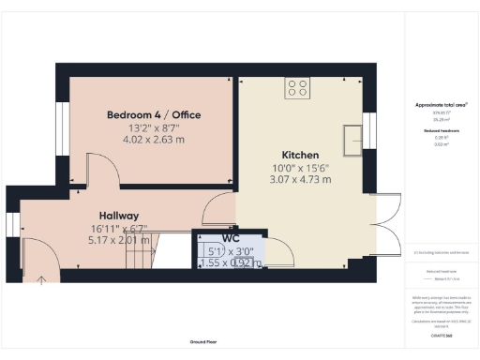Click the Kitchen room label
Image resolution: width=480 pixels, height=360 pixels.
(x=301, y=155)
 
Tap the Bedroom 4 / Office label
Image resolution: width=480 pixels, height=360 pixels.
(x=154, y=114)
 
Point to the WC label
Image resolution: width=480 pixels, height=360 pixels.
(x=231, y=239)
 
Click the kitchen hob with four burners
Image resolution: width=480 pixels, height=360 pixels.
(x=297, y=90)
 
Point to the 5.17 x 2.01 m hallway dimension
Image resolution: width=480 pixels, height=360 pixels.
(x=118, y=240)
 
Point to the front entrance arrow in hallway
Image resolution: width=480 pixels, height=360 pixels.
(x=40, y=277)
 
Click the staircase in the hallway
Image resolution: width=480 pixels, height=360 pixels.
(x=172, y=253)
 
